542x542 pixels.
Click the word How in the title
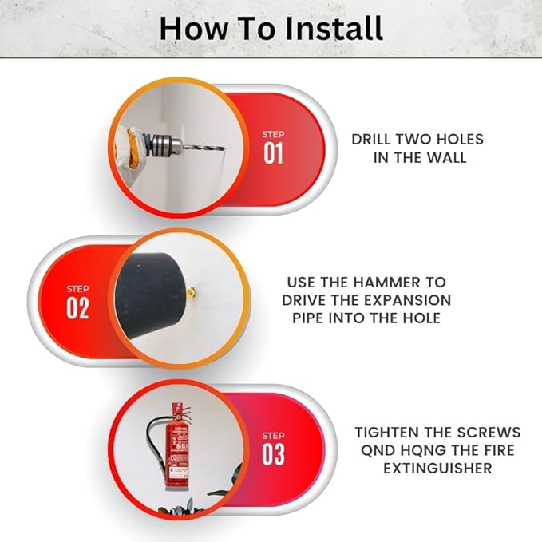(188, 28)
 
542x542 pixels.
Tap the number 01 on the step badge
(273, 153)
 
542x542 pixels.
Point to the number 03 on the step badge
(273, 455)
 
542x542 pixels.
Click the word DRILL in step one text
(374, 139)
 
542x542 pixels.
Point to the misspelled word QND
(374, 449)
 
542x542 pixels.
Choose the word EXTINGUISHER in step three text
(437, 467)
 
